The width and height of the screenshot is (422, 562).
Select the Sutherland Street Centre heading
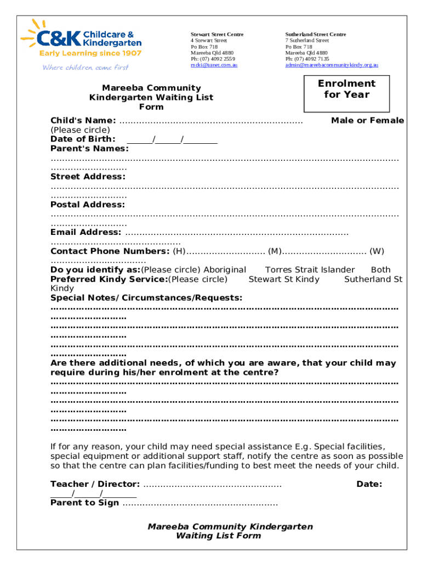point(315,35)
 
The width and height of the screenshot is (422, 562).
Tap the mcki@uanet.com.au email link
point(214,65)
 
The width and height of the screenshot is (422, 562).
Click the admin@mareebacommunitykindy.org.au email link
point(331,65)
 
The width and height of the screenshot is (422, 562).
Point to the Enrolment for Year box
point(346,89)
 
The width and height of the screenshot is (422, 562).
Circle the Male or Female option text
point(367,121)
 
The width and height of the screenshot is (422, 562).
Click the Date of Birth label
point(83,139)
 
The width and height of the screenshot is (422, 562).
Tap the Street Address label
point(88,177)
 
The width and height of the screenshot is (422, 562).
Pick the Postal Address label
point(88,205)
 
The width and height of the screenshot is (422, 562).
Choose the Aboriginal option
point(225,270)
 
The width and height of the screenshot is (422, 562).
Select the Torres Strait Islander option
point(310,270)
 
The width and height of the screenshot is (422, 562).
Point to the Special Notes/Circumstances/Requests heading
point(146,298)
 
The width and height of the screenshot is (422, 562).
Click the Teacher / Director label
point(95,484)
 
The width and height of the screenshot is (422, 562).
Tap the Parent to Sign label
point(84,503)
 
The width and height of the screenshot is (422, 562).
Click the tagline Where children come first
point(85,68)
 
